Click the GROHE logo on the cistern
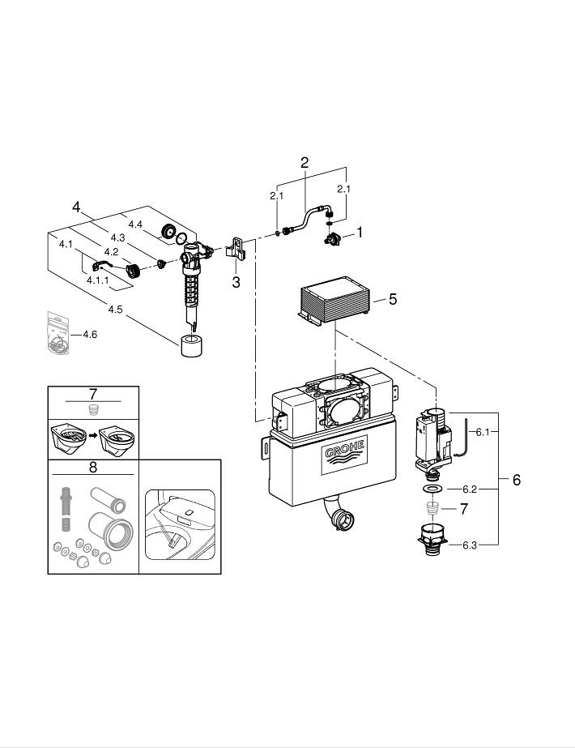tap(346, 456)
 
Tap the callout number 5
tap(393, 300)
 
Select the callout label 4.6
tap(89, 334)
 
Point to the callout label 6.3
tap(470, 545)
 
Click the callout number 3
tap(236, 282)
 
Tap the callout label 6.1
tap(483, 433)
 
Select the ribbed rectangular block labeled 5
tap(334, 303)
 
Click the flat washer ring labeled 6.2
tap(434, 490)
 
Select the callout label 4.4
tap(134, 224)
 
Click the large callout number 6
tap(516, 480)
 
